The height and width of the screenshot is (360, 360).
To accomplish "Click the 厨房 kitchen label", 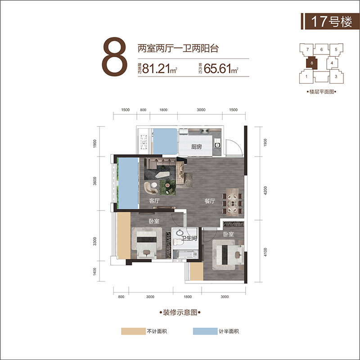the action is tap(196, 147).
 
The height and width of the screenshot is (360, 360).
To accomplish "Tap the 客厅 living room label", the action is tap(154, 201).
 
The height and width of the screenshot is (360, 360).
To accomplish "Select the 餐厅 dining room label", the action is tap(210, 201).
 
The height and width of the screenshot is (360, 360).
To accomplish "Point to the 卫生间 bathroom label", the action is tap(189, 238).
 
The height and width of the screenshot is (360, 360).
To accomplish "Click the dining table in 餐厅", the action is tap(233, 202).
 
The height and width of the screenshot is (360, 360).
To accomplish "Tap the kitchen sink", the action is tap(217, 145).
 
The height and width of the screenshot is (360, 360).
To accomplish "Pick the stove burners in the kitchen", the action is tap(205, 131).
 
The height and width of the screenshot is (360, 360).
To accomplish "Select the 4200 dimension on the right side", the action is tap(265, 190).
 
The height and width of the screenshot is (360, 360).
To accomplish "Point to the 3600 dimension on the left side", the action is tap(95, 181).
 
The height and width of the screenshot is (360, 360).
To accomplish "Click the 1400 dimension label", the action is tap(95, 271).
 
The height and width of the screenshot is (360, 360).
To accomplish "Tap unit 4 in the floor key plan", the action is tap(332, 63).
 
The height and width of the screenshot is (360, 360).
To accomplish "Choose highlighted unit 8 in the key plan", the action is tap(312, 63).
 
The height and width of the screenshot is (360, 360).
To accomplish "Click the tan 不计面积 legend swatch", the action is tap(133, 331).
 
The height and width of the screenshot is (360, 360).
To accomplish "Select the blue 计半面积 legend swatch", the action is tap(205, 331).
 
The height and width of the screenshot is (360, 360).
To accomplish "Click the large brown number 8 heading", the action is tap(114, 57).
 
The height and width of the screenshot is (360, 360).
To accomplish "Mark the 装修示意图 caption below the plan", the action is tap(180, 312).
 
